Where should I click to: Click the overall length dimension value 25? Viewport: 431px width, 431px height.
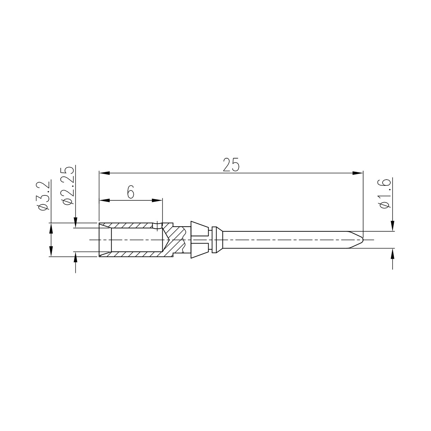pyautogui.click(x=231, y=164)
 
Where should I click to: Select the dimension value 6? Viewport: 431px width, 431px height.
pyautogui.click(x=130, y=193)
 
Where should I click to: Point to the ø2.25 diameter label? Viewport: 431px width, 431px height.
pyautogui.click(x=68, y=186)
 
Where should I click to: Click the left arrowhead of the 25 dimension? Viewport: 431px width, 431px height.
pyautogui.click(x=104, y=173)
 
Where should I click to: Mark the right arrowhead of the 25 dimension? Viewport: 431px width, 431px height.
pyautogui.click(x=358, y=173)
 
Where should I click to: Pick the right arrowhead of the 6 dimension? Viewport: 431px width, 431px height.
pyautogui.click(x=158, y=200)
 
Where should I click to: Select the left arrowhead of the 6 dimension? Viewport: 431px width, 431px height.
pyautogui.click(x=104, y=200)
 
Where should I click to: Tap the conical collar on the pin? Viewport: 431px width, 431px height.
pyautogui.click(x=199, y=240)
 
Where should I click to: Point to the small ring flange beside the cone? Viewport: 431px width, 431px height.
pyautogui.click(x=215, y=240)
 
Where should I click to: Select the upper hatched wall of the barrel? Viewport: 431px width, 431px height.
pyautogui.click(x=133, y=225)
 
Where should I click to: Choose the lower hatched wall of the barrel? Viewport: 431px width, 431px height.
pyautogui.click(x=133, y=254)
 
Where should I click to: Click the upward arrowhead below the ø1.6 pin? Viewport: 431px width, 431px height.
pyautogui.click(x=393, y=253)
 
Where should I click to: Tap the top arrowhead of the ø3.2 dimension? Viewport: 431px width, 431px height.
pyautogui.click(x=51, y=228)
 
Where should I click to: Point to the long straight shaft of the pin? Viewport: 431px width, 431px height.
pyautogui.click(x=287, y=240)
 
